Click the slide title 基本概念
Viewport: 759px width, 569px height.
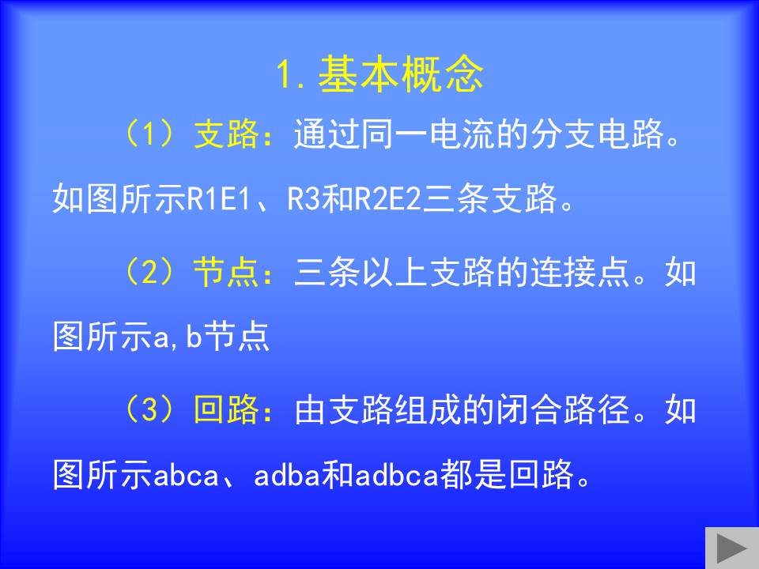(x=401, y=74)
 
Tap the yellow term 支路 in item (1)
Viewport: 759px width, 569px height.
(x=227, y=134)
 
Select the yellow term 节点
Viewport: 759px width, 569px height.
(x=227, y=272)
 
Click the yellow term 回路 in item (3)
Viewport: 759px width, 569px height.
(x=227, y=410)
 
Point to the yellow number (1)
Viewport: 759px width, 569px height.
(x=149, y=134)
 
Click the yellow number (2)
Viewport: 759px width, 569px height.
(x=149, y=272)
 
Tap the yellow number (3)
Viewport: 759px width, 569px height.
(x=149, y=410)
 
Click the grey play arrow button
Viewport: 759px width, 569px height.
(x=731, y=548)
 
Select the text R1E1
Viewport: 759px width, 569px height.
(x=219, y=199)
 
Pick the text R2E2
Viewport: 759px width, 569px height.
(x=387, y=199)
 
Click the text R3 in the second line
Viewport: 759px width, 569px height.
(x=304, y=199)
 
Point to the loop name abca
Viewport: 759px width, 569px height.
(x=187, y=475)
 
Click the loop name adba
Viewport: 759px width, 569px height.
(x=287, y=475)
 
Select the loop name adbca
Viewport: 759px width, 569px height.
(x=396, y=475)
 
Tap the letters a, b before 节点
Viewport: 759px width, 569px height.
(x=177, y=337)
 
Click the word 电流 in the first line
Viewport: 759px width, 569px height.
(x=463, y=134)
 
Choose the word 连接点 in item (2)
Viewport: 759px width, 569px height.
(x=580, y=272)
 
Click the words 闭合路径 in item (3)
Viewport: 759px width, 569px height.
(x=563, y=410)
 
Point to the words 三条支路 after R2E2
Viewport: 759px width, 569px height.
(x=489, y=199)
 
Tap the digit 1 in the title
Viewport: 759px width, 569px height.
(x=285, y=75)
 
